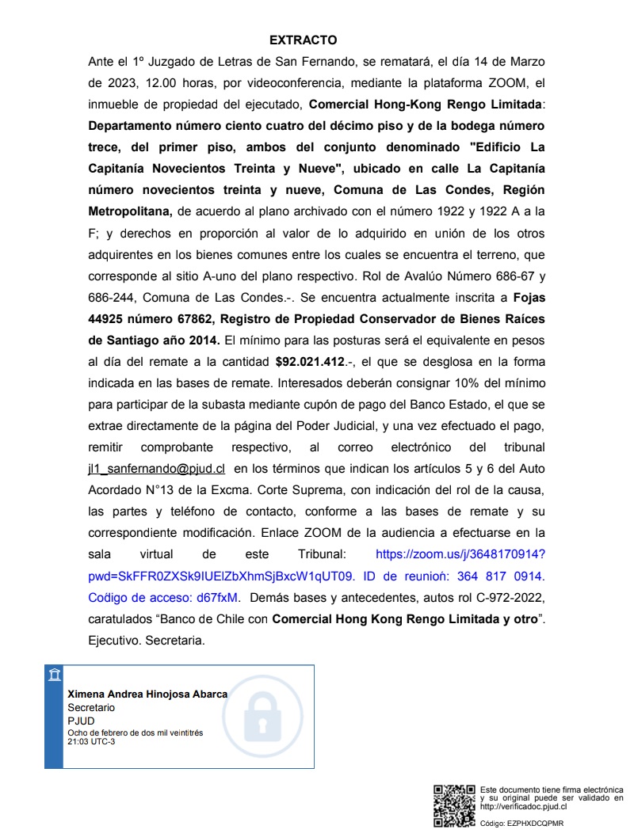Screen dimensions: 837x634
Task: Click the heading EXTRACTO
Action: pos(304,40)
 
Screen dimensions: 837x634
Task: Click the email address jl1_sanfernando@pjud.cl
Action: pos(156,468)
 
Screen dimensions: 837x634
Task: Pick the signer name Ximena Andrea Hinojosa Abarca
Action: pos(147,694)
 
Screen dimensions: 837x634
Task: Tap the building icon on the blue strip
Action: pos(54,675)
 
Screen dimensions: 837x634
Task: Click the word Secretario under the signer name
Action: pos(91,707)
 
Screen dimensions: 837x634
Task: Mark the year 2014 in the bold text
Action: pos(199,340)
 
